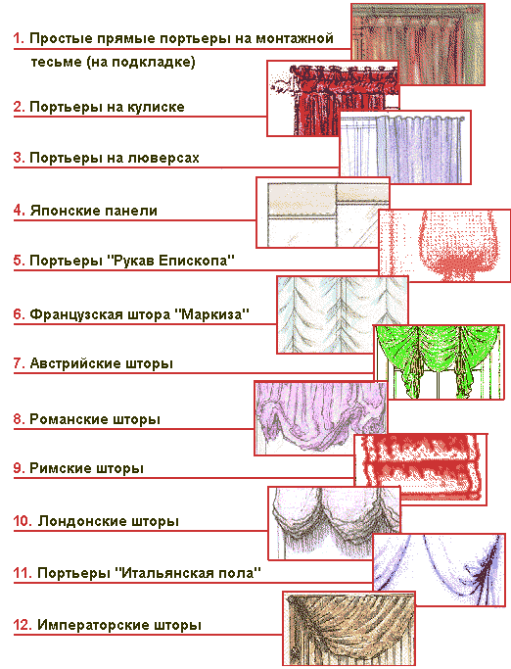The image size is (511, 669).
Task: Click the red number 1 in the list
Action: (19, 38)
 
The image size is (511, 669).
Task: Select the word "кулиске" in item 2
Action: (156, 107)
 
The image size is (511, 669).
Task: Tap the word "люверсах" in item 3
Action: (163, 159)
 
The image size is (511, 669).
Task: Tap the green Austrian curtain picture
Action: (440, 362)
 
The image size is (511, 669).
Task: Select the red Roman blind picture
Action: (421, 470)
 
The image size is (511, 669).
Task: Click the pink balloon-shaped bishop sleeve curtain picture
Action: (444, 245)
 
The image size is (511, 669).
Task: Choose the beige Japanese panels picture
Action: (323, 213)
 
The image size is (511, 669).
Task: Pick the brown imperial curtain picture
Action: (348, 628)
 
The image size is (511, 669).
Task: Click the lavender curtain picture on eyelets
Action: (405, 147)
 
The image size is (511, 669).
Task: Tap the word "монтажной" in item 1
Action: (295, 38)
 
